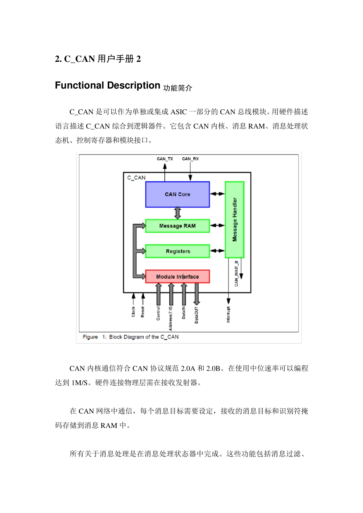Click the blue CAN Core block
click(x=177, y=194)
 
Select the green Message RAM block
click(x=177, y=226)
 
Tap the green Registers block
click(x=177, y=251)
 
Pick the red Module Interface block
click(x=177, y=276)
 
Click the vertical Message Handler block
click(x=234, y=219)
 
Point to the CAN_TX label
click(x=165, y=159)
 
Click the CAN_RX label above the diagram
click(x=190, y=159)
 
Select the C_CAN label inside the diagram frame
click(x=136, y=178)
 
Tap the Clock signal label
click(x=133, y=312)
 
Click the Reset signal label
click(x=143, y=312)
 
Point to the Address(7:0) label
click(x=171, y=318)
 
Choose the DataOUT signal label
click(x=196, y=315)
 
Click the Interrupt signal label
click(x=228, y=315)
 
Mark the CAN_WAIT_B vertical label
click(x=236, y=273)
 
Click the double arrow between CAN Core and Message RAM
click(x=177, y=213)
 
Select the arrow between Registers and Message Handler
click(x=217, y=251)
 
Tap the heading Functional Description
click(x=107, y=85)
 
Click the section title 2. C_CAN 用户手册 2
click(x=98, y=59)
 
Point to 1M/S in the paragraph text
click(x=80, y=383)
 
